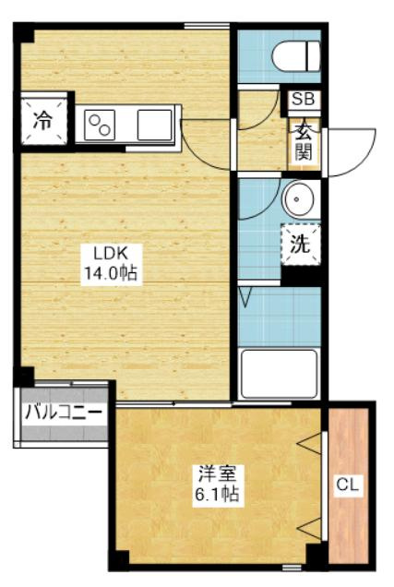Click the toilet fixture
click(x=296, y=56)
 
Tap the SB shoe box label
click(x=304, y=99)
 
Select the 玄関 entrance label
click(x=303, y=142)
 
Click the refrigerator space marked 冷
click(x=42, y=121)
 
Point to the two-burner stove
click(x=100, y=126)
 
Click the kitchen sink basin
click(x=154, y=125)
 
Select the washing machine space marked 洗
click(x=301, y=245)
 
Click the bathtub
click(x=280, y=374)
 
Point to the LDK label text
click(x=111, y=254)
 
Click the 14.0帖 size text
click(x=111, y=274)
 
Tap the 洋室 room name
click(x=217, y=474)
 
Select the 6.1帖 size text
click(x=217, y=495)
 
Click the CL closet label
click(x=348, y=485)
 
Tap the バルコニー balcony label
click(x=64, y=413)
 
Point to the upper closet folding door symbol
click(x=309, y=444)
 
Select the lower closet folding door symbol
click(x=309, y=528)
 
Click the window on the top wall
click(x=207, y=26)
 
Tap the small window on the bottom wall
click(x=292, y=568)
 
